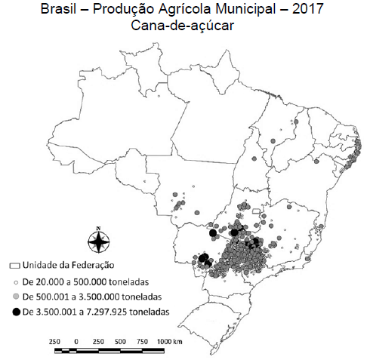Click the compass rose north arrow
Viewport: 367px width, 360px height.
click(97, 242)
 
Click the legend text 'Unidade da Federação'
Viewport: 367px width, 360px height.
click(67, 266)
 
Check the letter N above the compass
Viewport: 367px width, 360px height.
click(97, 226)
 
